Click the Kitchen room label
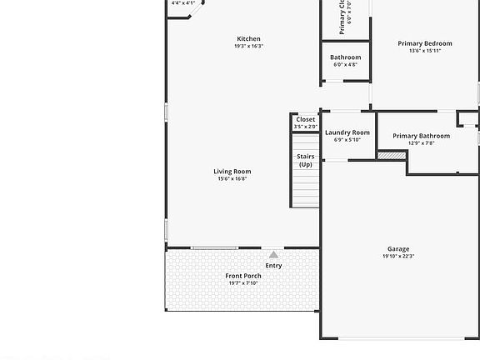(248, 38)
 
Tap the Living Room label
(233, 172)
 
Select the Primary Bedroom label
(425, 43)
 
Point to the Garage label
(397, 249)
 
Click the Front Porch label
(243, 276)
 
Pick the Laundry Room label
(347, 132)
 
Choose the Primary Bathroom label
(421, 136)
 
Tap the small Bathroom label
(345, 57)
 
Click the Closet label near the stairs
(305, 119)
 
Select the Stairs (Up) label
(305, 160)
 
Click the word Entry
(273, 266)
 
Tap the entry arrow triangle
(273, 254)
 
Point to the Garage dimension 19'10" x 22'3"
(397, 257)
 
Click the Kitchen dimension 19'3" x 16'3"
(248, 46)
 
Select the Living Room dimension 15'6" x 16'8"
(233, 179)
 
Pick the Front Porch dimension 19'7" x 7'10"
(243, 283)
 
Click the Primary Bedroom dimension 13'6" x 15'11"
(425, 51)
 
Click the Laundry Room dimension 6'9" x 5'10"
(347, 140)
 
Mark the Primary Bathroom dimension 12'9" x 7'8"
(421, 143)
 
